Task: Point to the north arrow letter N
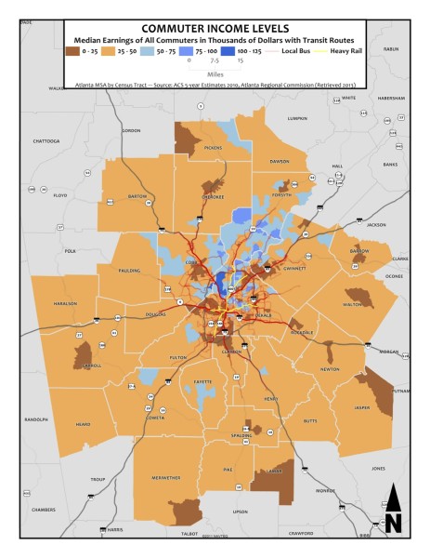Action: [x=393, y=523]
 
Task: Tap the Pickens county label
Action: [x=214, y=147]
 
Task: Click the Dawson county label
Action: [x=279, y=161]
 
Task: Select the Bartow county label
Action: [x=137, y=197]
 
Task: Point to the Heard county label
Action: [x=85, y=424]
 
